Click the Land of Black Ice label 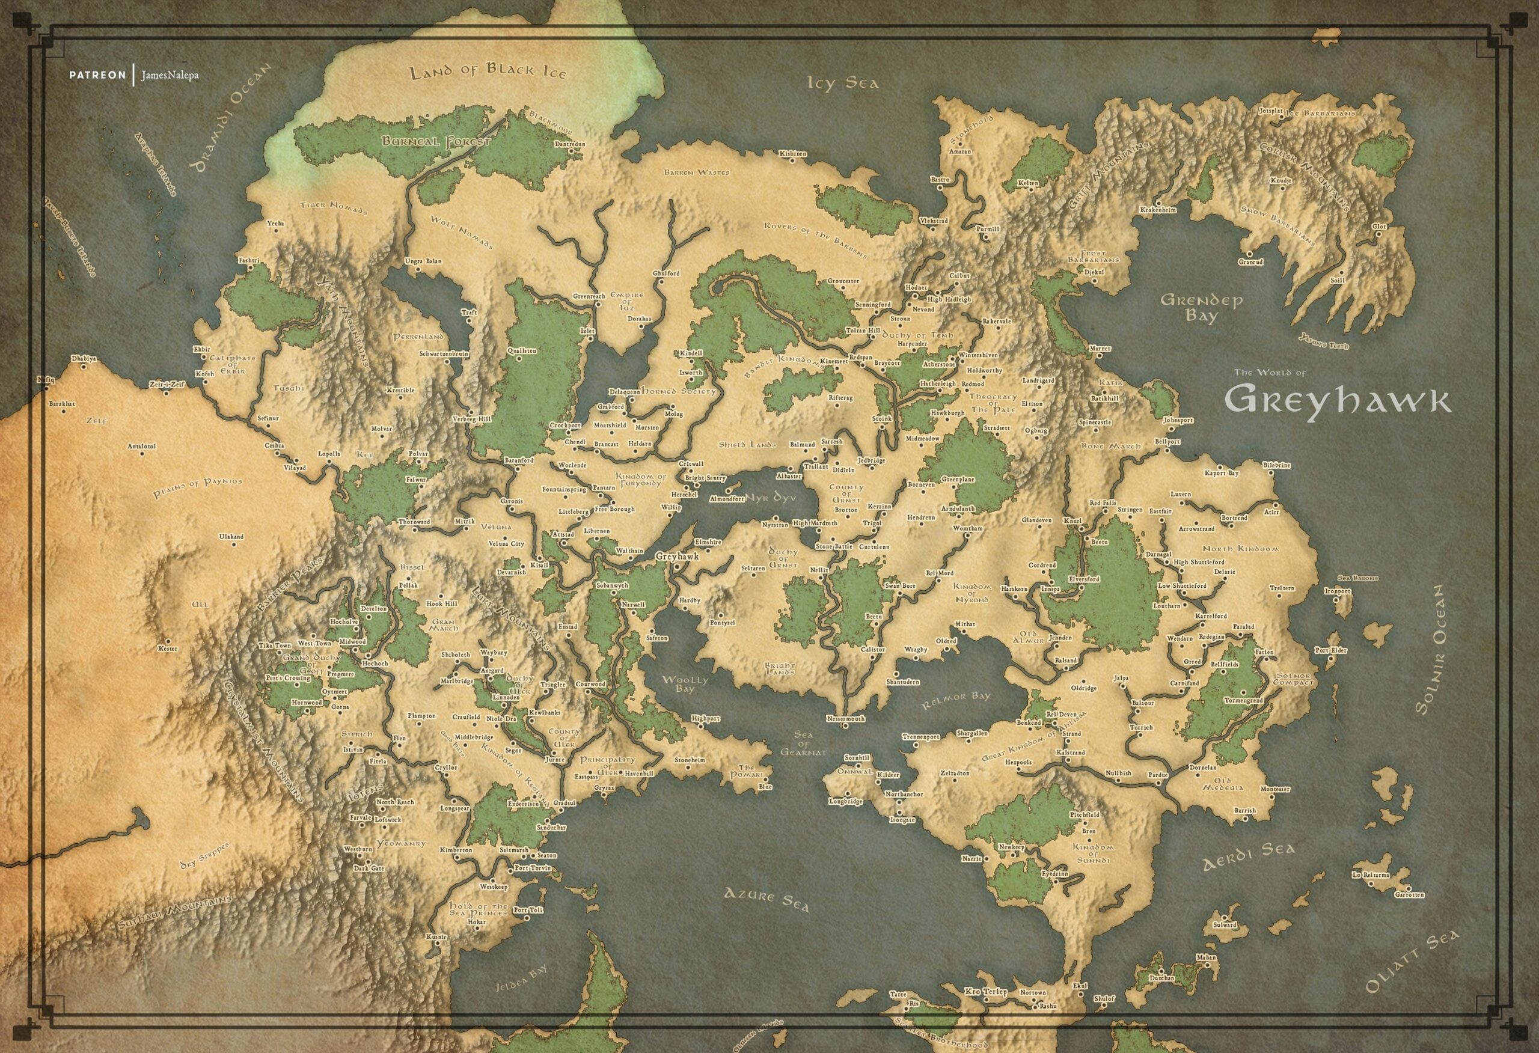488,72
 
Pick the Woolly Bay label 685,684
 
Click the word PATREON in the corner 97,75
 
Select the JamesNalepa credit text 170,76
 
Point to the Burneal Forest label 435,141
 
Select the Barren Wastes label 697,172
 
